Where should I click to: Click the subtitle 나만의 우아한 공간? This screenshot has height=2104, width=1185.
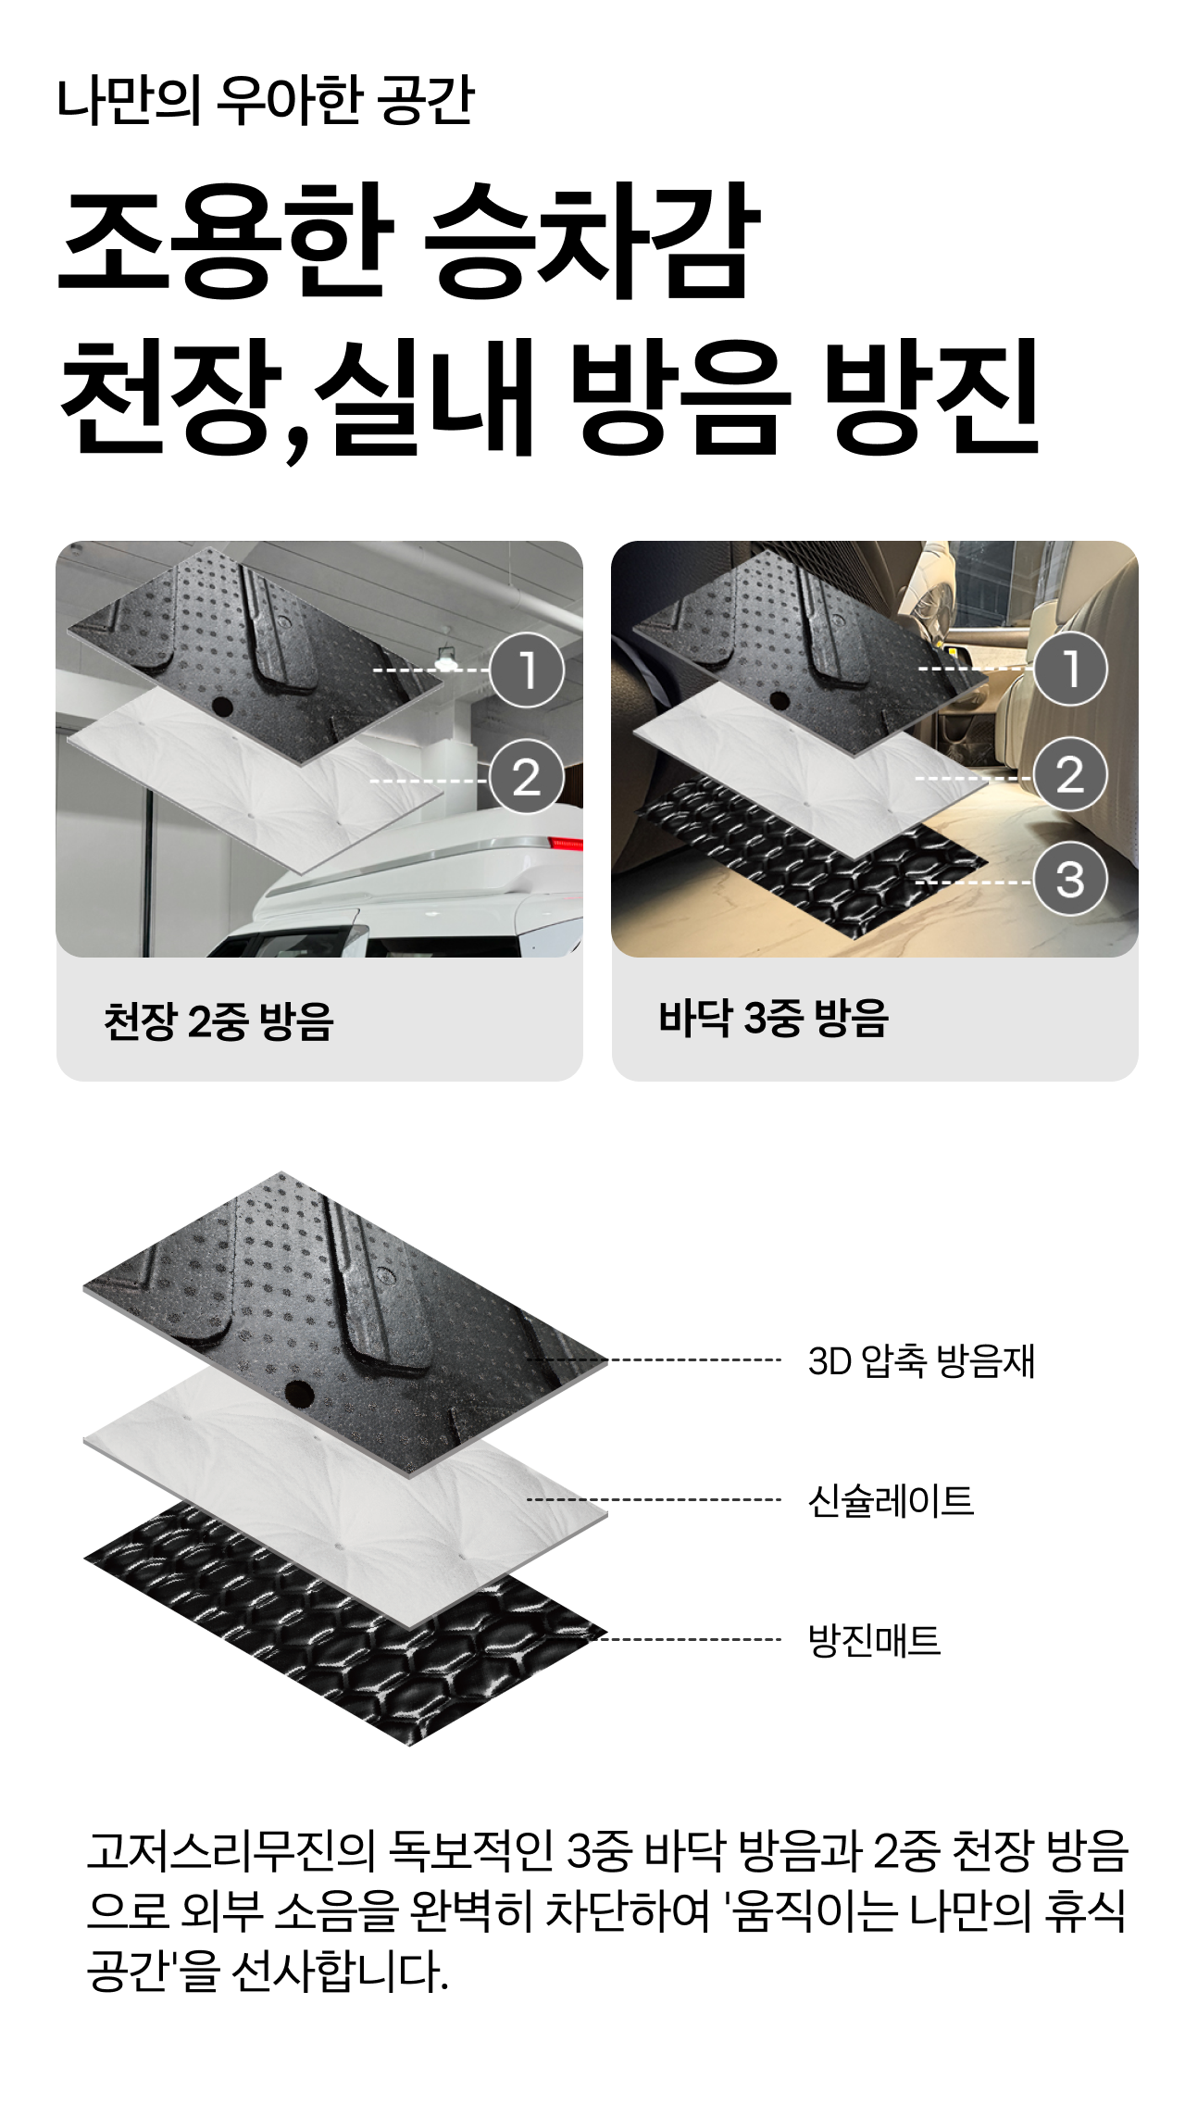[x=266, y=100]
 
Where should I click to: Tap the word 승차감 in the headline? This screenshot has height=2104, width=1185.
[x=592, y=242]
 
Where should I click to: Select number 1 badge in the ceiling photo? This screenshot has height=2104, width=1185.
[x=527, y=670]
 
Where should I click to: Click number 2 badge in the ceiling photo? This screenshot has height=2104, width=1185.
[x=527, y=778]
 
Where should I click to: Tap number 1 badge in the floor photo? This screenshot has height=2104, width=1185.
[x=1070, y=669]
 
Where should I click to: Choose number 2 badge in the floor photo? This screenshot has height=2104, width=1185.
[x=1070, y=776]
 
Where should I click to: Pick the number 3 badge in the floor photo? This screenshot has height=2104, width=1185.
[x=1070, y=880]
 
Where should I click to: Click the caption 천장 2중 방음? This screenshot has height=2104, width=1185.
[x=218, y=1021]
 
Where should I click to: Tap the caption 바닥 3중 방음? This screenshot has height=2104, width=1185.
[x=773, y=1018]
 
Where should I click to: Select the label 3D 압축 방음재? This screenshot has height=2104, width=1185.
[x=921, y=1361]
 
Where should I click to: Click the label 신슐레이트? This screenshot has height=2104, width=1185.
[x=891, y=1500]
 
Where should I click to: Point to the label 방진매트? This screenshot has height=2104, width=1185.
[x=874, y=1640]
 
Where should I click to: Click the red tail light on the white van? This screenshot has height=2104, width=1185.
[x=567, y=843]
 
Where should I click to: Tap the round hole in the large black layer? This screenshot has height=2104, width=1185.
[x=300, y=1391]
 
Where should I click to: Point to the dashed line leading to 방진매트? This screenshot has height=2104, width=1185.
[x=690, y=1639]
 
